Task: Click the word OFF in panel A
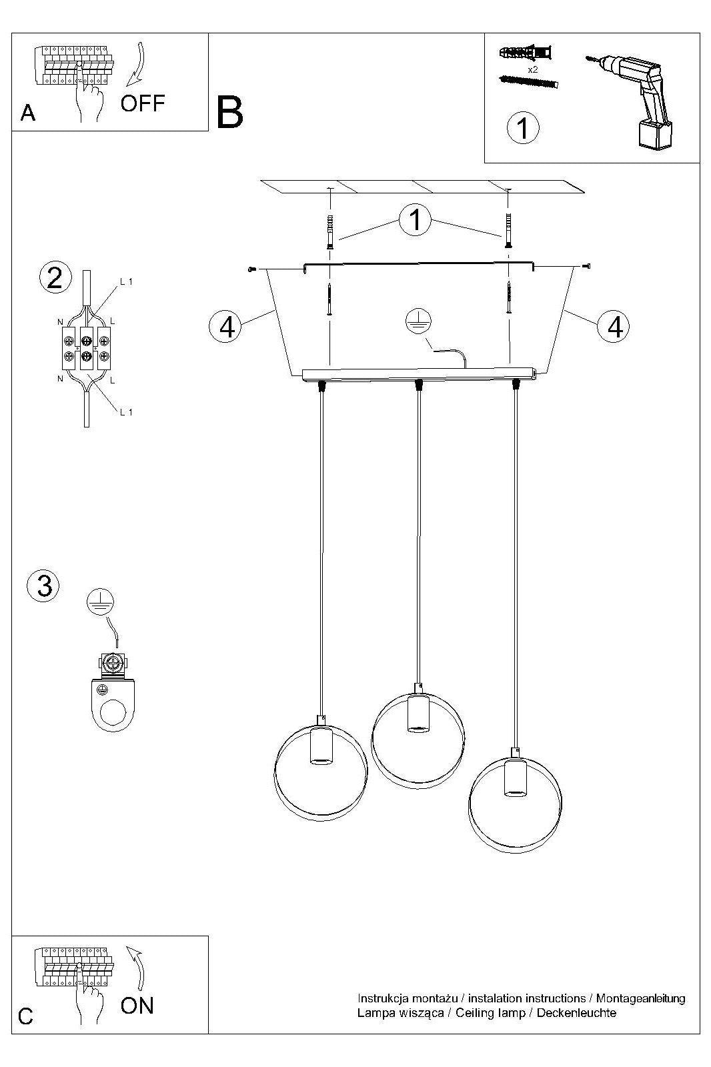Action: [x=143, y=103]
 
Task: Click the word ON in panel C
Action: [x=137, y=1006]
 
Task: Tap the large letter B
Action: [x=229, y=113]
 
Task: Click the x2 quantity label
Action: [x=533, y=69]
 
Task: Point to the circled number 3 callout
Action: [x=44, y=586]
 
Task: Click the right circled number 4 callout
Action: [x=614, y=327]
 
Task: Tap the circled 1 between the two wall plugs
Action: [x=415, y=220]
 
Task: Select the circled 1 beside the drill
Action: [x=523, y=127]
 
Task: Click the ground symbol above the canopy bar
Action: [x=418, y=321]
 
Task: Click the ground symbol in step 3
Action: [x=100, y=601]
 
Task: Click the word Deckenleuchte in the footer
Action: [x=576, y=1012]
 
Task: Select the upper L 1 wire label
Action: [x=126, y=281]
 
